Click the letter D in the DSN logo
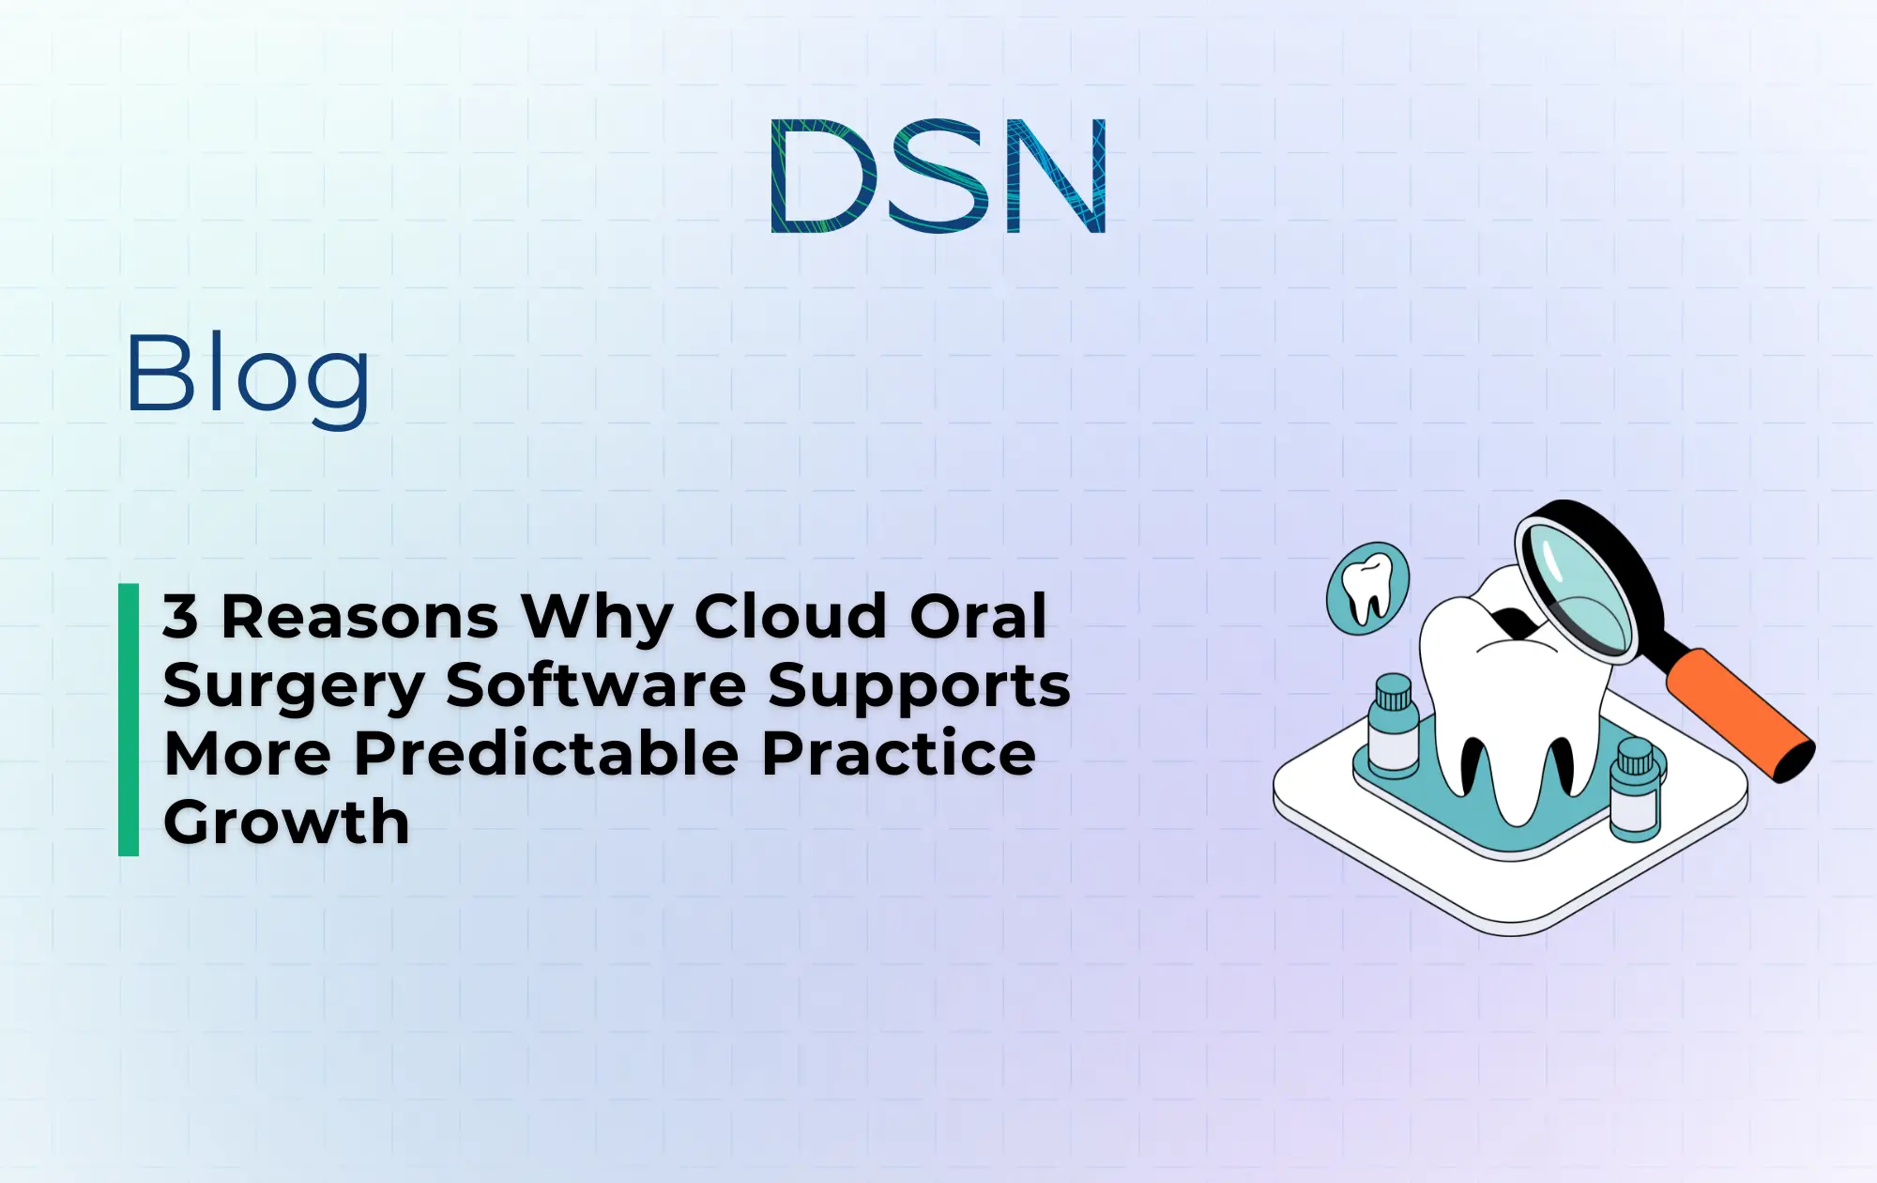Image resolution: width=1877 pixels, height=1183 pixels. pyautogui.click(x=822, y=177)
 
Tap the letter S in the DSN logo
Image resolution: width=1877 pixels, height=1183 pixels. pyautogui.click(x=940, y=177)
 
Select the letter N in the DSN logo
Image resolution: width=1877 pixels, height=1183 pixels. pyautogui.click(x=1056, y=177)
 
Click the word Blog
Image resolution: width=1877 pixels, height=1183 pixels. pyautogui.click(x=248, y=376)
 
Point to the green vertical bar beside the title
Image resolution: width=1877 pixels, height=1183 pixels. pyautogui.click(x=129, y=719)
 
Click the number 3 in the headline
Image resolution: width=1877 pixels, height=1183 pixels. pyautogui.click(x=180, y=617)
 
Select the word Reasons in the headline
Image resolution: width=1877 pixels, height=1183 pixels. pyautogui.click(x=359, y=617)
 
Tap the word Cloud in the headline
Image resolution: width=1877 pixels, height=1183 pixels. pyautogui.click(x=790, y=617)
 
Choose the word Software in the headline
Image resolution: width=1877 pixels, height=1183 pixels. pyautogui.click(x=596, y=685)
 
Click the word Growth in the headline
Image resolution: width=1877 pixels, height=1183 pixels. pyautogui.click(x=286, y=822)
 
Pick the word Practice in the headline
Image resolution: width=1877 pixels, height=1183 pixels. pyautogui.click(x=898, y=754)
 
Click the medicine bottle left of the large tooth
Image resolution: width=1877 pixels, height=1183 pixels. pyautogui.click(x=1393, y=728)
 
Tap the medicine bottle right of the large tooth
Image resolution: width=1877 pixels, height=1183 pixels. pyautogui.click(x=1635, y=789)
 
